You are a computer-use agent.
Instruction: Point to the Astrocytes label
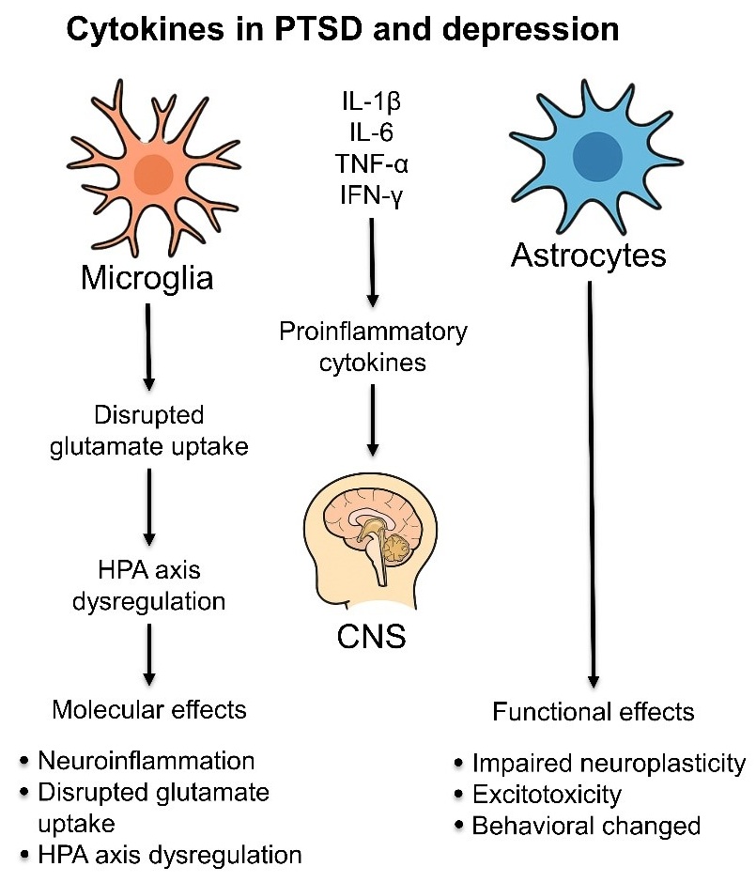point(589,255)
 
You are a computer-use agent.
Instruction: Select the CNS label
point(372,638)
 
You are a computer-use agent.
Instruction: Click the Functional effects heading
point(594,712)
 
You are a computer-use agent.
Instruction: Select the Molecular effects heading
point(149,709)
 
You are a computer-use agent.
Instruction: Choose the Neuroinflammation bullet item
point(146,760)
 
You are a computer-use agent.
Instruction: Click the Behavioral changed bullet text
point(586,827)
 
